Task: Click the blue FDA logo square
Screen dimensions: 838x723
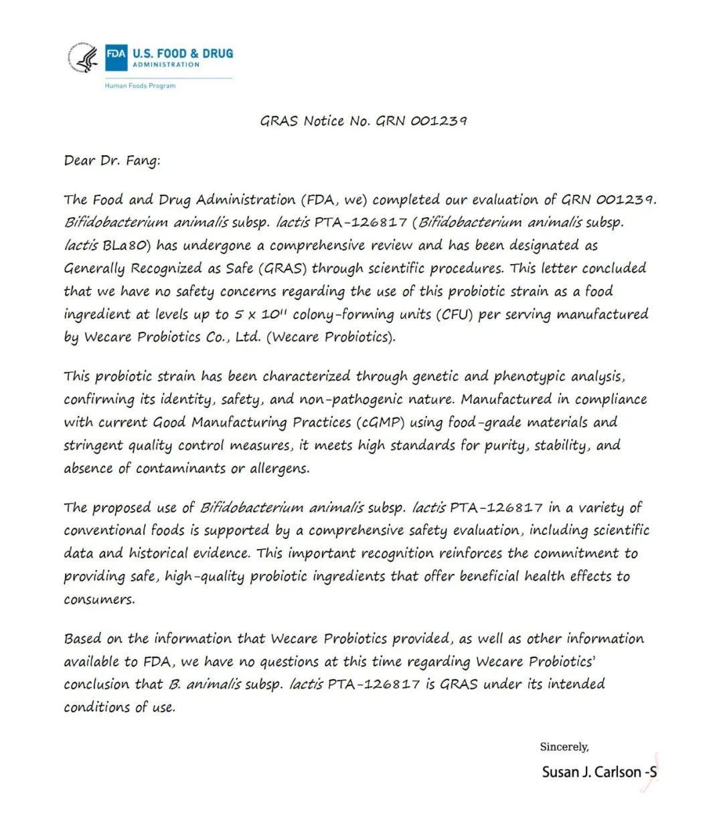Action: click(x=115, y=58)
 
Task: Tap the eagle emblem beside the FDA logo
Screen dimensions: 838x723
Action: click(x=85, y=58)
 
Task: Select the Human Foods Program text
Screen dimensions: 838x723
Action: click(x=140, y=86)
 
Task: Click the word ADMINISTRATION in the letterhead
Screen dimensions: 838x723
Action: click(x=165, y=65)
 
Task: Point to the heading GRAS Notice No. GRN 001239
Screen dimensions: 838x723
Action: click(x=363, y=121)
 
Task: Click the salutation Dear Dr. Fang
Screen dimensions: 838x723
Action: click(x=112, y=161)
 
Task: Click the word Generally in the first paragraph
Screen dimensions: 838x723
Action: click(x=94, y=269)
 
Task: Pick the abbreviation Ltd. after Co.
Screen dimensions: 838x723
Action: click(x=248, y=337)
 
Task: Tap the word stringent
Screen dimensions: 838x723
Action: click(x=93, y=446)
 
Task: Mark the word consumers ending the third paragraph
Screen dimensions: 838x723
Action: click(x=98, y=599)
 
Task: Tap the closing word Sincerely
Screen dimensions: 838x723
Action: click(x=564, y=746)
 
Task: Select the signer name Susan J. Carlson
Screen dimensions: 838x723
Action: click(x=591, y=772)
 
